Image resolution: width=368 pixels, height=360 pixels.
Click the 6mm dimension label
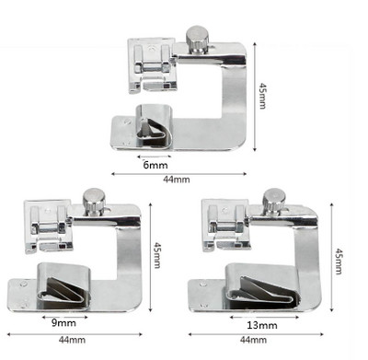(155, 165)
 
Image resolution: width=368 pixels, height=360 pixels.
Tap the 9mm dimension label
(63, 323)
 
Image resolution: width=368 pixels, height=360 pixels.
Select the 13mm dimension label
(262, 325)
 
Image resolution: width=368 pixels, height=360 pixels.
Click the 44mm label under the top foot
(177, 180)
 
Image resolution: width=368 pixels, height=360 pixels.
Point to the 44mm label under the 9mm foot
(72, 340)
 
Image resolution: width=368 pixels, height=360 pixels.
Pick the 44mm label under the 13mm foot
(253, 340)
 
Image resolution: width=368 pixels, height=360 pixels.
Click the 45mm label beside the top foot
(262, 96)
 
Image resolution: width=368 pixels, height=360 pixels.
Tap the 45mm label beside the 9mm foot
(157, 255)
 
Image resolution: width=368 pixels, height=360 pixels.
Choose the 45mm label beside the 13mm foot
(339, 261)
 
